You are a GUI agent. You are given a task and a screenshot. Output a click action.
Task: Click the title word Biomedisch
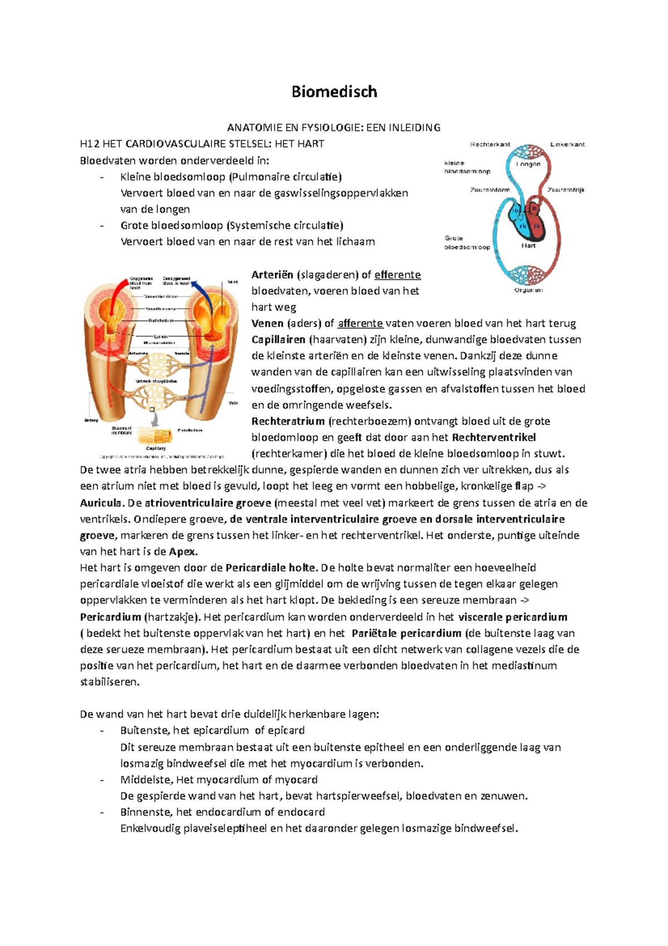pyautogui.click(x=334, y=92)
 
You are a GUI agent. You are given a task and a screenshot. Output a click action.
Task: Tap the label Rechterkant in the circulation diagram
pyautogui.click(x=490, y=144)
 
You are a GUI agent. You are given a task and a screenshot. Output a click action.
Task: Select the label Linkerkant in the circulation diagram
pyautogui.click(x=567, y=144)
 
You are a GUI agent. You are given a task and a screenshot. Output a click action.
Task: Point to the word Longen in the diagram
pyautogui.click(x=528, y=164)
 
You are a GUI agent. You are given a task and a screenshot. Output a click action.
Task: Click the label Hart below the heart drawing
pyautogui.click(x=528, y=245)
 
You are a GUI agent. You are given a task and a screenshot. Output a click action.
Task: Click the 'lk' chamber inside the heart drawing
pyautogui.click(x=537, y=226)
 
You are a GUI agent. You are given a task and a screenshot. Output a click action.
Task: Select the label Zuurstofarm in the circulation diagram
pyautogui.click(x=490, y=190)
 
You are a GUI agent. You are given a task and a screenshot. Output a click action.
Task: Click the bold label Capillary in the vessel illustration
pyautogui.click(x=156, y=448)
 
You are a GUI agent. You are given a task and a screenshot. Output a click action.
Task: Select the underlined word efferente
pyautogui.click(x=397, y=275)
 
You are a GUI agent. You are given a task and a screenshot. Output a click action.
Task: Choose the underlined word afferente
pyautogui.click(x=360, y=323)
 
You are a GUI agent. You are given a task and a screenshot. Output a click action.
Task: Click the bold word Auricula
pyautogui.click(x=101, y=503)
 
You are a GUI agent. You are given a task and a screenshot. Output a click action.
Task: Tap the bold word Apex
pyautogui.click(x=183, y=552)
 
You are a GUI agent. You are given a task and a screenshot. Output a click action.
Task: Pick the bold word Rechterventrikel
pyautogui.click(x=494, y=437)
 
